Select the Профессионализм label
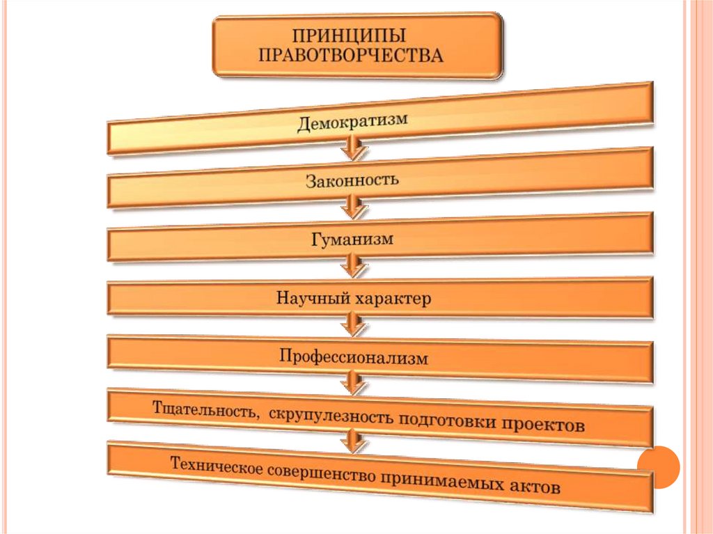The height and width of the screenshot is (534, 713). [x=354, y=358]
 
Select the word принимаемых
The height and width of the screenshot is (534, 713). [x=440, y=480]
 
